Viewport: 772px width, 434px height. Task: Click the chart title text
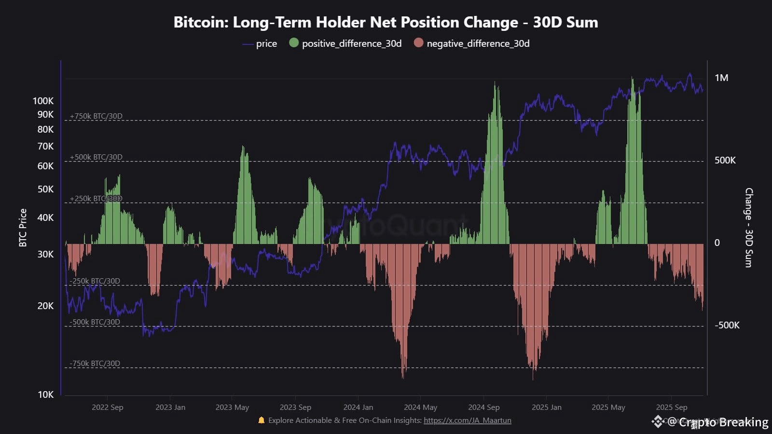pos(386,22)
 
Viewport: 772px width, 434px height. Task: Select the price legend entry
pos(266,43)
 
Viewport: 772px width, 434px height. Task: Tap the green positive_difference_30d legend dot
pos(293,43)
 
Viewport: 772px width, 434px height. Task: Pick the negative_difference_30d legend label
pos(478,43)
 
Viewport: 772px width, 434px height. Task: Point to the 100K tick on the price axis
pos(43,101)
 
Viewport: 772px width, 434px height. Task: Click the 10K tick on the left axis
pos(45,394)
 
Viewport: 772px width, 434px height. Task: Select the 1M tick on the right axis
pos(721,78)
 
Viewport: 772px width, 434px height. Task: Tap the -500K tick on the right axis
pos(727,325)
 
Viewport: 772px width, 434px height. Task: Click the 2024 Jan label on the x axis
pos(358,407)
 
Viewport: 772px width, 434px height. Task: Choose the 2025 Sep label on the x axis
pos(671,407)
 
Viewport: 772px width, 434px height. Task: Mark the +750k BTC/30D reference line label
pos(96,116)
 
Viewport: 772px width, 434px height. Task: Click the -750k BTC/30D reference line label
pos(95,364)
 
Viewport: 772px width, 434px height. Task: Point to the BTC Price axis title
pos(23,228)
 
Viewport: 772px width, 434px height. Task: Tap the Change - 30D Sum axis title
pos(748,228)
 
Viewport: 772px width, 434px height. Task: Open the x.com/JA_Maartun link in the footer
pos(467,420)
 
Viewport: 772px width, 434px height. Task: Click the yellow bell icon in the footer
pos(262,420)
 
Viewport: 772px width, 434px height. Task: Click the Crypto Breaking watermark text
pos(723,422)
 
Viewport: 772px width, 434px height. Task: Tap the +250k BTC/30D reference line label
pos(96,199)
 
